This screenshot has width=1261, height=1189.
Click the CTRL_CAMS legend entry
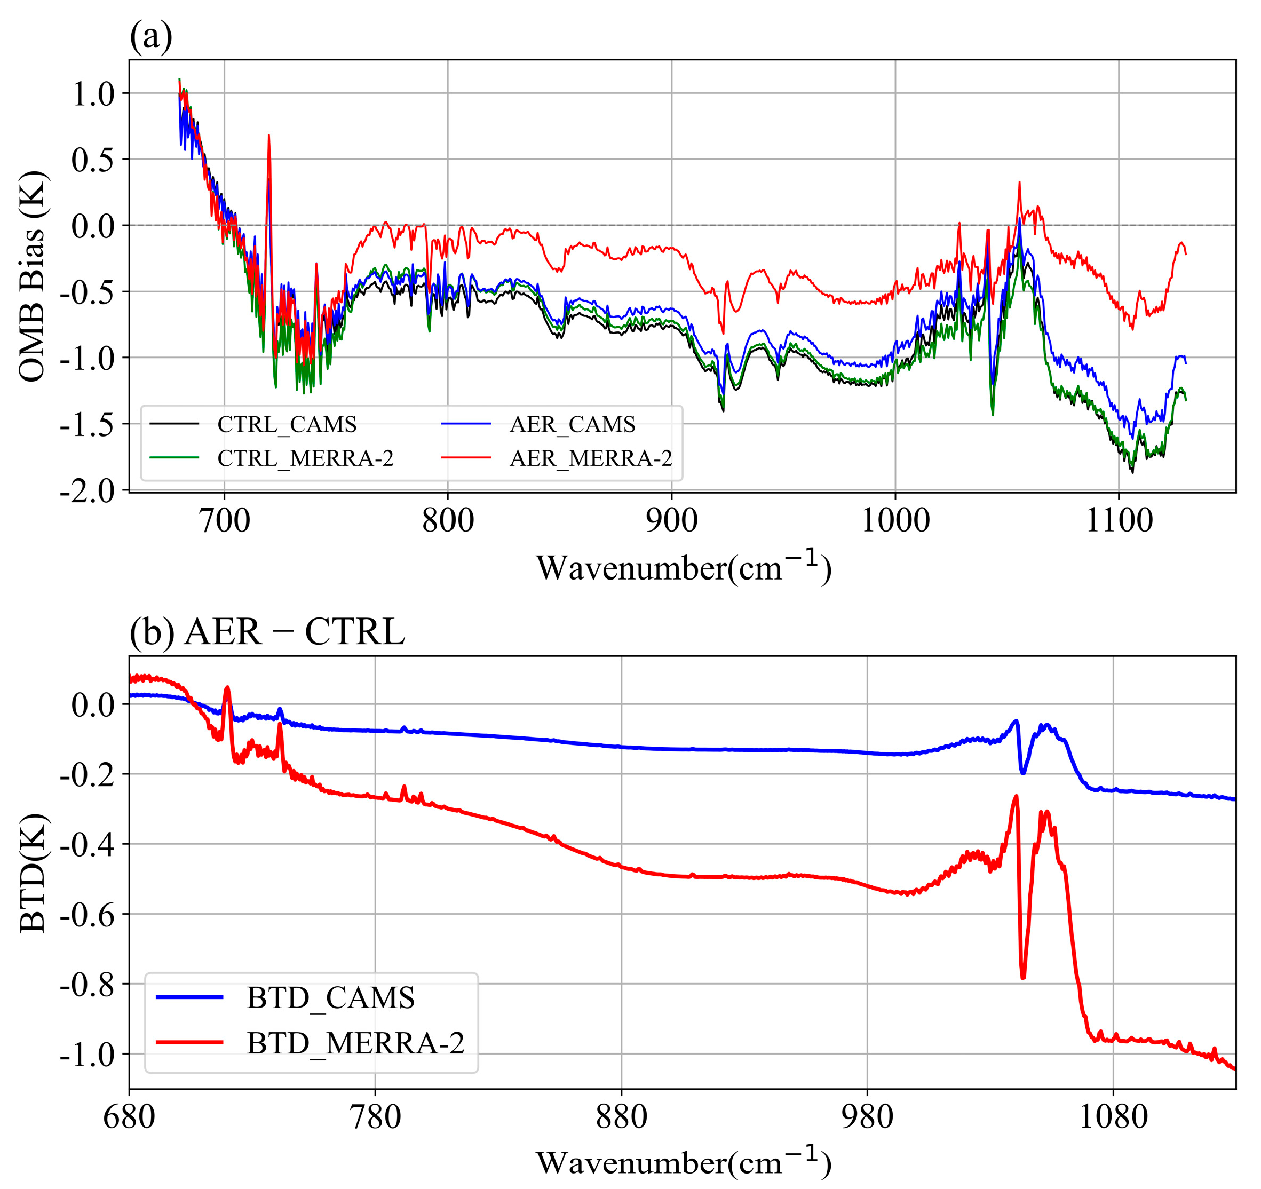pos(287,424)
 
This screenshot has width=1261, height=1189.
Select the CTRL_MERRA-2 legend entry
pos(305,458)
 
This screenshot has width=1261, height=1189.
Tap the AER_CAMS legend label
pos(572,424)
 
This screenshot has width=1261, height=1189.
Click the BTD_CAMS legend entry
pos(330,998)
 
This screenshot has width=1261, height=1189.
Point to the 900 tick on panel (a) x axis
pos(672,521)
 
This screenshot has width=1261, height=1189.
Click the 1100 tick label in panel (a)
pos(1119,521)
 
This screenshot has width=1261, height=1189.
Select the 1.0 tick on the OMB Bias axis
pos(93,94)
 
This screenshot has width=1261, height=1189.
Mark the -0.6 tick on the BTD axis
pos(88,914)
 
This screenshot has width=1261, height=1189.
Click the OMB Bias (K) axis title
pos(31,276)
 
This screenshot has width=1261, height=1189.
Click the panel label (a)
pos(151,37)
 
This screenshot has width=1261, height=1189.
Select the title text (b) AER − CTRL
pos(266,632)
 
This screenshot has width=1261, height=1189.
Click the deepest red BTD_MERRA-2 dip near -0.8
pos(1023,978)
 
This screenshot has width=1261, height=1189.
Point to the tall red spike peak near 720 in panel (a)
pos(269,135)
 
